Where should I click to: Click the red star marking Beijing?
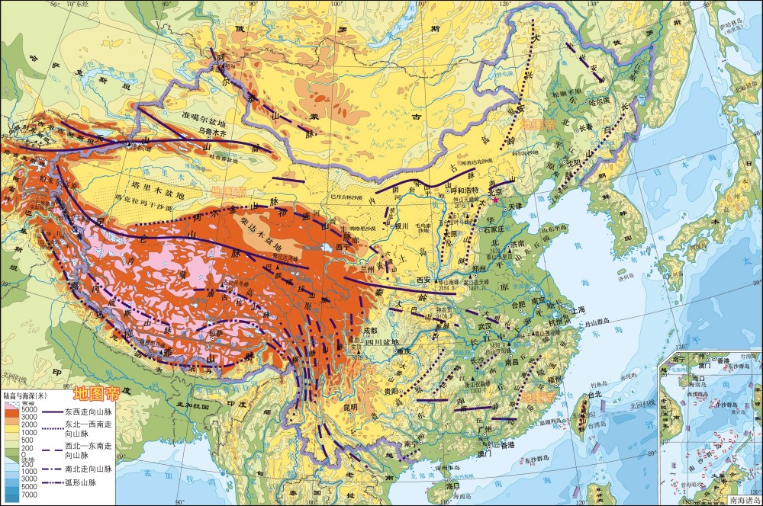pos(495,200)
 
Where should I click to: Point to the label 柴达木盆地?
pos(268,234)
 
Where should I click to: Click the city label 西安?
pos(423,280)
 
